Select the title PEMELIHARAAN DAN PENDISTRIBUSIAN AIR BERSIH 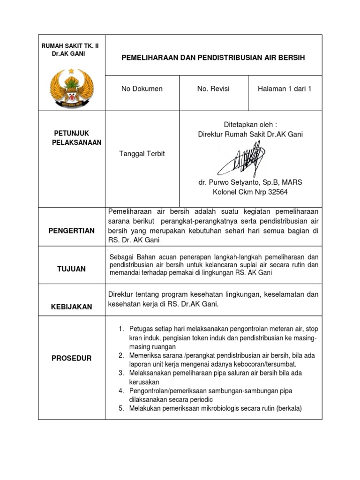(x=213, y=58)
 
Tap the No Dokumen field (x=142, y=89)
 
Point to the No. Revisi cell (x=214, y=89)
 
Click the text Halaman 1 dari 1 (x=285, y=89)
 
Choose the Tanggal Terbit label (x=142, y=154)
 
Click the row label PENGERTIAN (x=72, y=231)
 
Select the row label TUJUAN (x=71, y=269)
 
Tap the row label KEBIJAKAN (x=72, y=307)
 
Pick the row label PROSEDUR (x=72, y=358)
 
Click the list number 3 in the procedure (x=120, y=373)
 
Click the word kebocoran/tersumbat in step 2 (x=266, y=364)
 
